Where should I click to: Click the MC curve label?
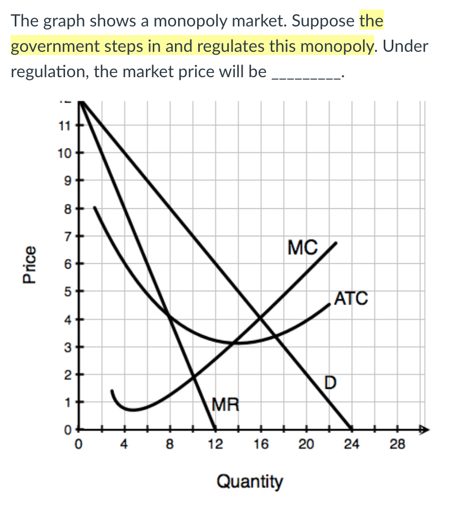pyautogui.click(x=303, y=246)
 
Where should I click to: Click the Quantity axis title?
pyautogui.click(x=250, y=482)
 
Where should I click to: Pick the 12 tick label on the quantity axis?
pyautogui.click(x=215, y=445)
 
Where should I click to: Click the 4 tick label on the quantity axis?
pyautogui.click(x=124, y=445)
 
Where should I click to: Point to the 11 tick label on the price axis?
pyautogui.click(x=64, y=126)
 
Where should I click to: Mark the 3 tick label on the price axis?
pyautogui.click(x=67, y=347)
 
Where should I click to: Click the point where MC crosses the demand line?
pyautogui.click(x=260, y=317)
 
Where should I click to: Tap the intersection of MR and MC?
pyautogui.click(x=193, y=376)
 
